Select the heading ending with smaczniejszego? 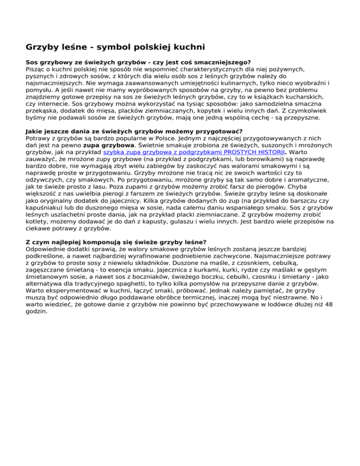[138, 61]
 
